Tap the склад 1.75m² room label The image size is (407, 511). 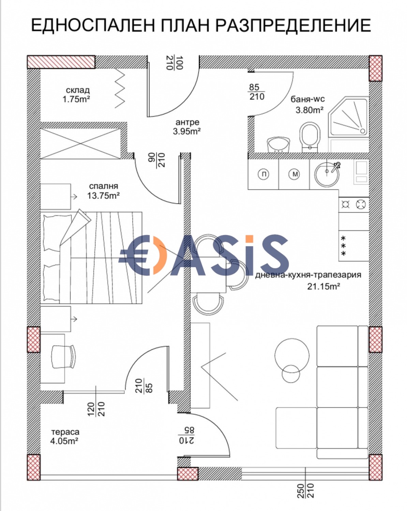click(76, 94)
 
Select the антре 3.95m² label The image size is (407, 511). click(187, 127)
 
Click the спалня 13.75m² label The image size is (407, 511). click(103, 191)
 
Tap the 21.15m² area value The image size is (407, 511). click(323, 287)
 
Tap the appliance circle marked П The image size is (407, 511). click(263, 174)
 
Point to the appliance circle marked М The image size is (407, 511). click(295, 174)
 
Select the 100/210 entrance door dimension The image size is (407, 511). click(175, 63)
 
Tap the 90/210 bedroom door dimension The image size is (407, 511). click(157, 160)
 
